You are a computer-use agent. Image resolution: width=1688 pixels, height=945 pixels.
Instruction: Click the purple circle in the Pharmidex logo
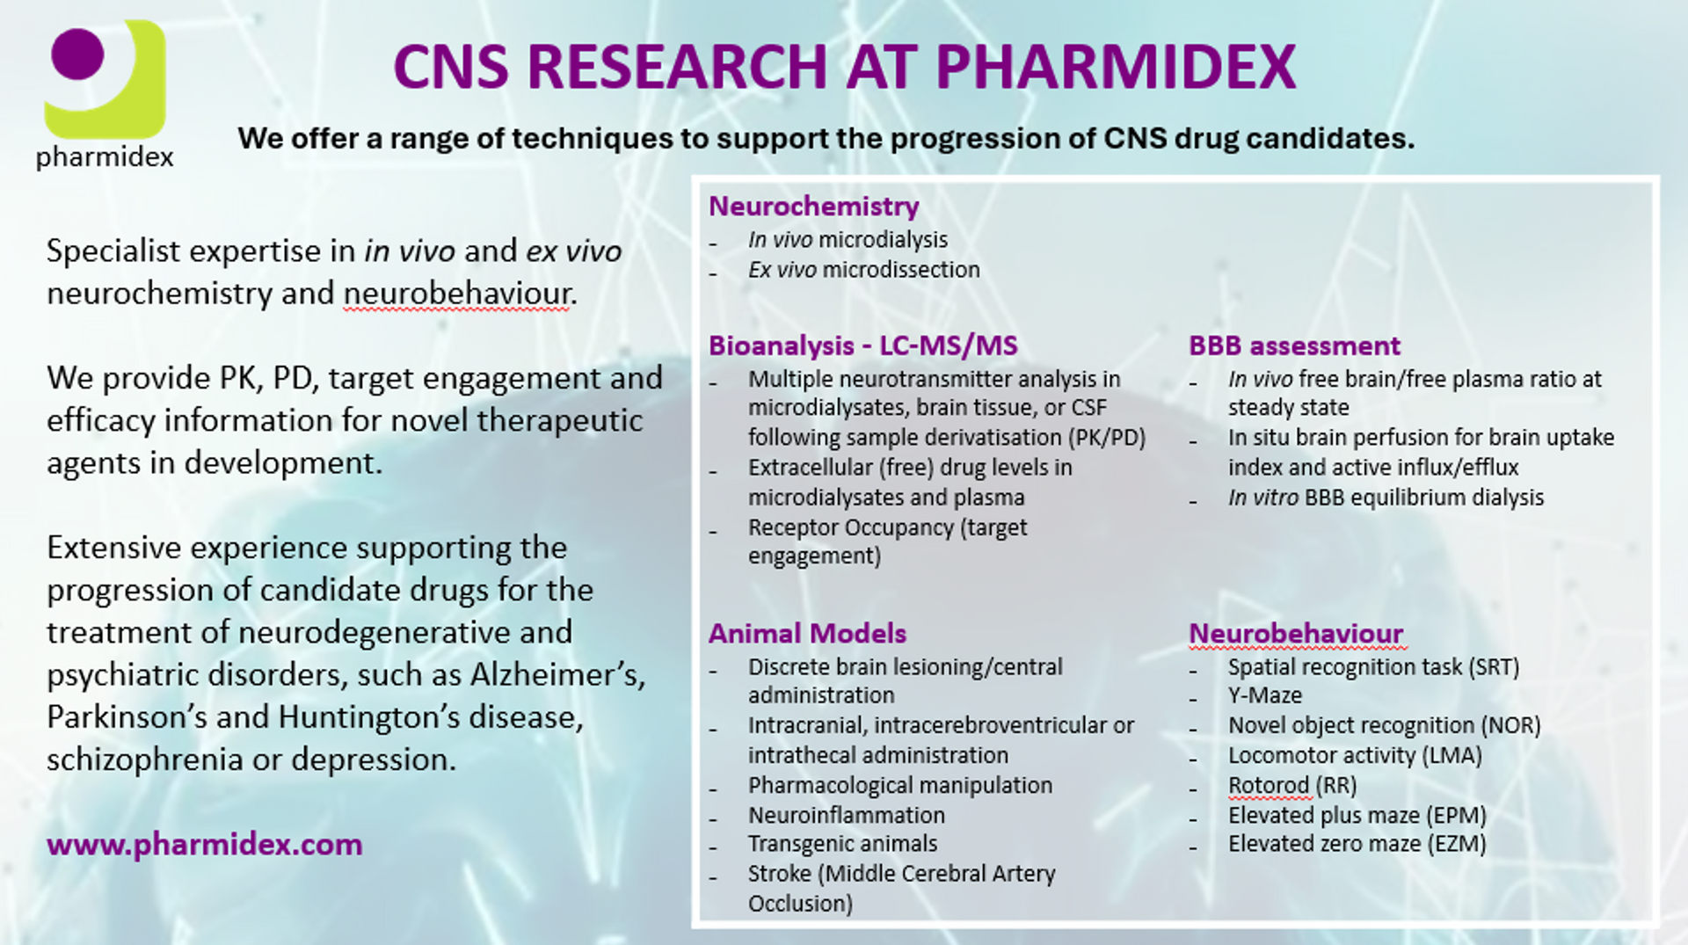tap(77, 54)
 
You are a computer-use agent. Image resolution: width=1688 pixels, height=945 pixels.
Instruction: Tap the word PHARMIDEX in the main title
tap(1116, 67)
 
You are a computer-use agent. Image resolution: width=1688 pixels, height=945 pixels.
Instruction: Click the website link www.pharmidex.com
tap(205, 845)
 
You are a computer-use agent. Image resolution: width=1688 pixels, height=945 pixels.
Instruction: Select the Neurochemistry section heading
tap(814, 206)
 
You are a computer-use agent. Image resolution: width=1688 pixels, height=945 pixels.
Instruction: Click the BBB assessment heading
tap(1294, 345)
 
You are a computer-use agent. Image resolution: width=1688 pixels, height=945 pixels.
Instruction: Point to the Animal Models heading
tap(807, 633)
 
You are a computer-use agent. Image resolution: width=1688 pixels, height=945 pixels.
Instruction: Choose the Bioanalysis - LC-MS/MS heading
tap(863, 345)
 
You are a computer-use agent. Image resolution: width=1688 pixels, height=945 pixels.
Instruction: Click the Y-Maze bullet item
tap(1265, 695)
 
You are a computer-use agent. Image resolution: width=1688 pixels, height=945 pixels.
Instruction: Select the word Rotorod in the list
tap(1269, 785)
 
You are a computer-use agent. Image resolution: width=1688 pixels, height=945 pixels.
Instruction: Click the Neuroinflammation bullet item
tap(847, 815)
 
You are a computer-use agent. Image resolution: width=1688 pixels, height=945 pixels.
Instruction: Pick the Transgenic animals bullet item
tap(842, 844)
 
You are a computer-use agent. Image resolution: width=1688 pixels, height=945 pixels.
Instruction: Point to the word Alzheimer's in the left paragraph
tap(558, 675)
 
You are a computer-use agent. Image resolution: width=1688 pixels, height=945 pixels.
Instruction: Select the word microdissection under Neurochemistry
tap(900, 270)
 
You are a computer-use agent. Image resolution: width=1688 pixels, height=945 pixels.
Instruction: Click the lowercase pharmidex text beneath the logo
tap(105, 157)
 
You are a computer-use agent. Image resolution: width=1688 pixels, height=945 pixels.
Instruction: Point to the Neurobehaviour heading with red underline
tap(1296, 633)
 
